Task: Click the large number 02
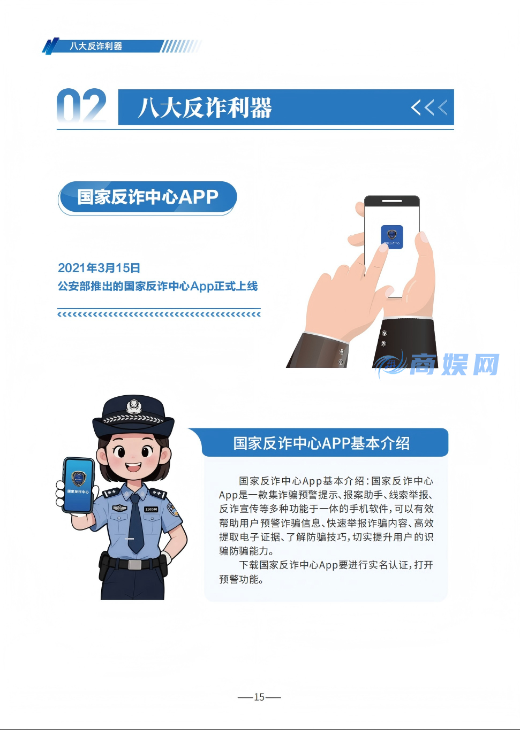coord(81,106)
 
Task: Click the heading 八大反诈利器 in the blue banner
coord(205,107)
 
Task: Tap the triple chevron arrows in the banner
coord(428,107)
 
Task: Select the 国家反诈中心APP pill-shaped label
coord(148,197)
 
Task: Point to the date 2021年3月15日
coord(99,268)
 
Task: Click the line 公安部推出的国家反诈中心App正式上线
coord(157,287)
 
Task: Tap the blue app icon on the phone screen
coord(391,236)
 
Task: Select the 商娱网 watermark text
coord(454,365)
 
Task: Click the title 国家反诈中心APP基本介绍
coord(321,443)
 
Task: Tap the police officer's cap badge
coord(133,406)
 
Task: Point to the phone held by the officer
coord(78,485)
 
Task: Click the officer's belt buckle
coord(134,564)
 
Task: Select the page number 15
coord(259,697)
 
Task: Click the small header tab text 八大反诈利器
coord(96,47)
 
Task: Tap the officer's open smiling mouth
coord(133,467)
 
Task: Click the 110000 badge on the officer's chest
coord(151,509)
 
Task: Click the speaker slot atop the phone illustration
coord(392,201)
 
